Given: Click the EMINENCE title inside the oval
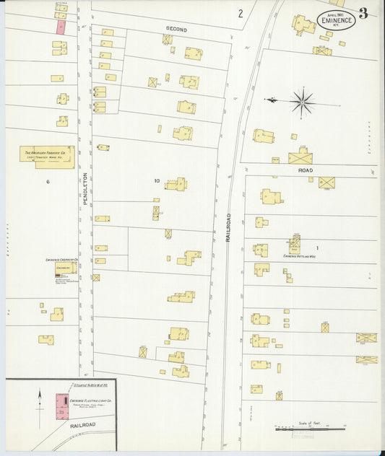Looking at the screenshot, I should click(335, 21).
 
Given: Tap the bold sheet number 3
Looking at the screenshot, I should click(363, 12).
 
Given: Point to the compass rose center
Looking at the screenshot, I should click(302, 102).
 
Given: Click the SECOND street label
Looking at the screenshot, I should click(176, 30).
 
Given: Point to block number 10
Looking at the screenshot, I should click(156, 180).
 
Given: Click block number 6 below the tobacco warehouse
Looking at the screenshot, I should click(48, 182).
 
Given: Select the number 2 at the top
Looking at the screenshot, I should click(241, 13).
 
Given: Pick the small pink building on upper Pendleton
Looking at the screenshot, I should click(61, 27).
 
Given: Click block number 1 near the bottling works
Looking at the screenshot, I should click(316, 248).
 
